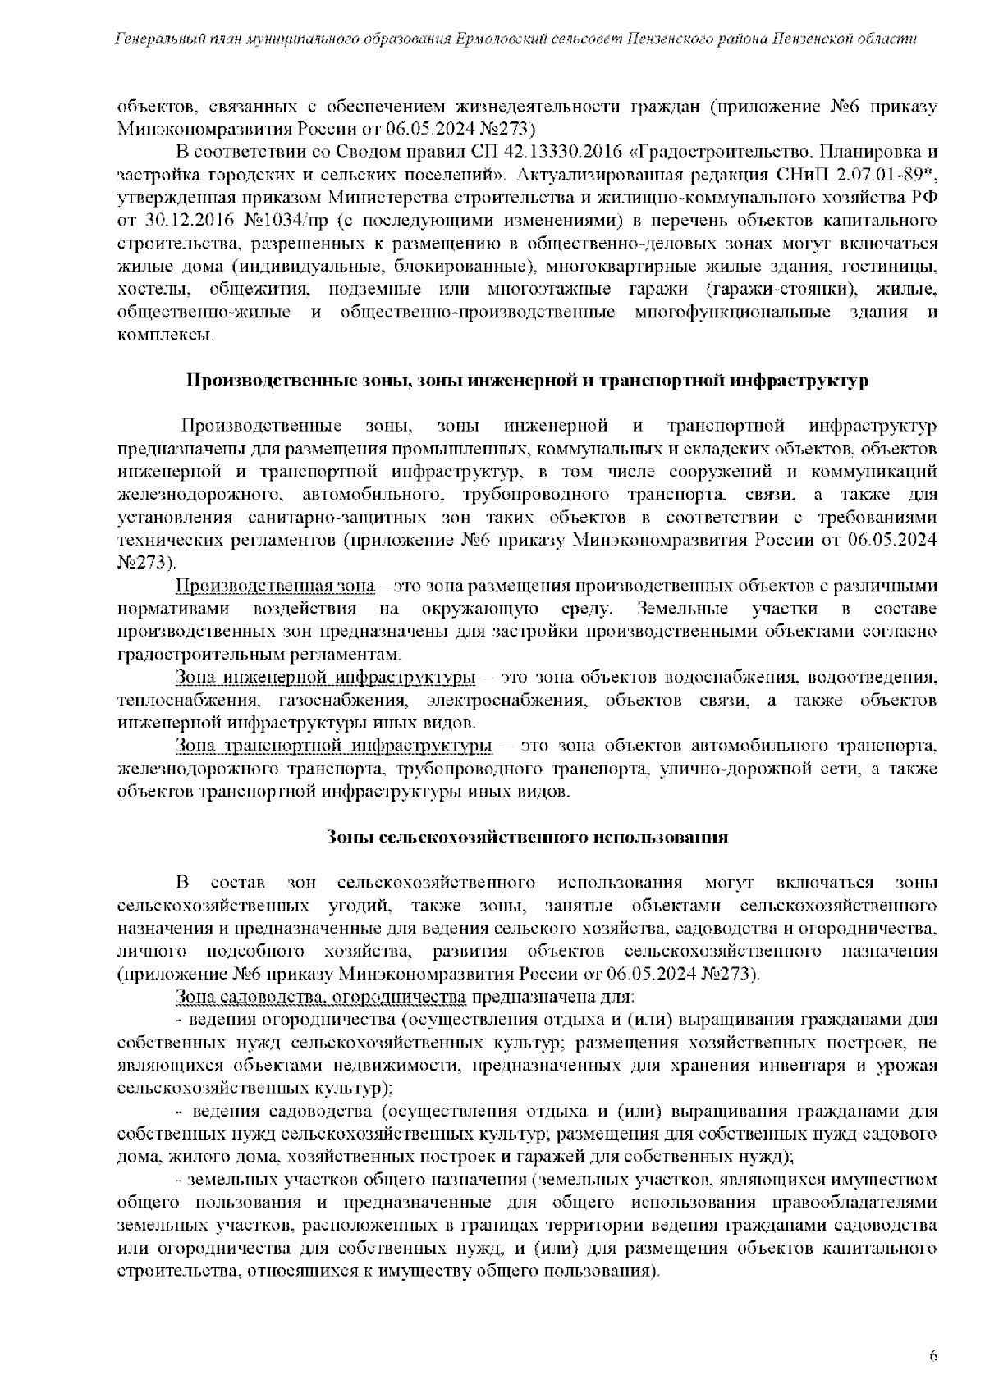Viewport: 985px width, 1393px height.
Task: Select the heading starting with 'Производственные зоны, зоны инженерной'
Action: (x=527, y=381)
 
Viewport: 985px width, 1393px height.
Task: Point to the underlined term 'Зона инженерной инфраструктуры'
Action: (x=326, y=678)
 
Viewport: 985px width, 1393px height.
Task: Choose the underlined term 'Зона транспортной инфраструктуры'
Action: (x=334, y=746)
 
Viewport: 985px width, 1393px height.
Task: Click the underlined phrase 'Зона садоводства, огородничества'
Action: (x=321, y=997)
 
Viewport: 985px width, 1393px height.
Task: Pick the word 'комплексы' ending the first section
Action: (x=165, y=335)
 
